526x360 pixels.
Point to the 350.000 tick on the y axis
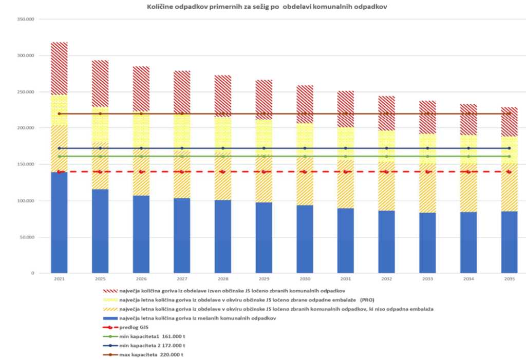click(25, 19)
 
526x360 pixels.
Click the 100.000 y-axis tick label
click(25, 201)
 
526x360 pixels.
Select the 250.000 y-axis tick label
click(25, 92)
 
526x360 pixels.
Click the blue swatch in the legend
click(110, 319)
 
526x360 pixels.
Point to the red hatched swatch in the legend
click(110, 291)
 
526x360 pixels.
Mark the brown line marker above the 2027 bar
click(182, 113)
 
